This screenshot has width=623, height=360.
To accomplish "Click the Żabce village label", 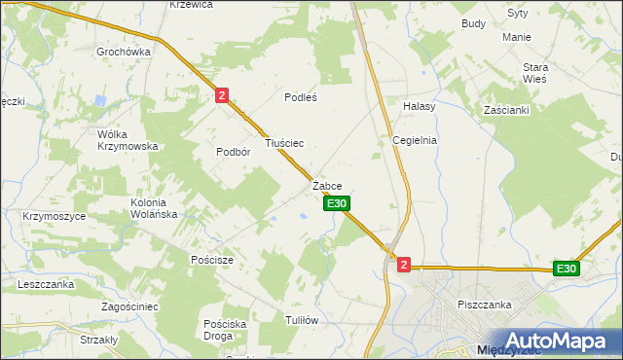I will point(327,185).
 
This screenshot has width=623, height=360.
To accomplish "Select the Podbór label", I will point(234,152).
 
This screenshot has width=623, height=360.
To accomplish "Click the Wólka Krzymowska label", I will point(128,140).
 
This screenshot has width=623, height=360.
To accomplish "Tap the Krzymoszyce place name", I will point(54,216).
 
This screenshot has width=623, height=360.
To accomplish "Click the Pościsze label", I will point(212,260).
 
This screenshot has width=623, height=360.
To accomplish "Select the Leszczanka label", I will point(46,284).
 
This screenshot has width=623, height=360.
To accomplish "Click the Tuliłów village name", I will point(302,320).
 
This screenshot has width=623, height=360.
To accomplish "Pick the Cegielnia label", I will point(415,140).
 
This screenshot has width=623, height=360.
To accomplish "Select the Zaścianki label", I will point(506,110).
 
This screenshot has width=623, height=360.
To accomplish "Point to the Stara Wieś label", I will point(536,73).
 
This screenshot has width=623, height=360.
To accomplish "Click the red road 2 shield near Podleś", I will point(223,95).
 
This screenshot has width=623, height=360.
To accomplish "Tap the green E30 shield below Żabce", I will point(337,203).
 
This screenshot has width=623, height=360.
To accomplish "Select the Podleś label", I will point(301,97).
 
